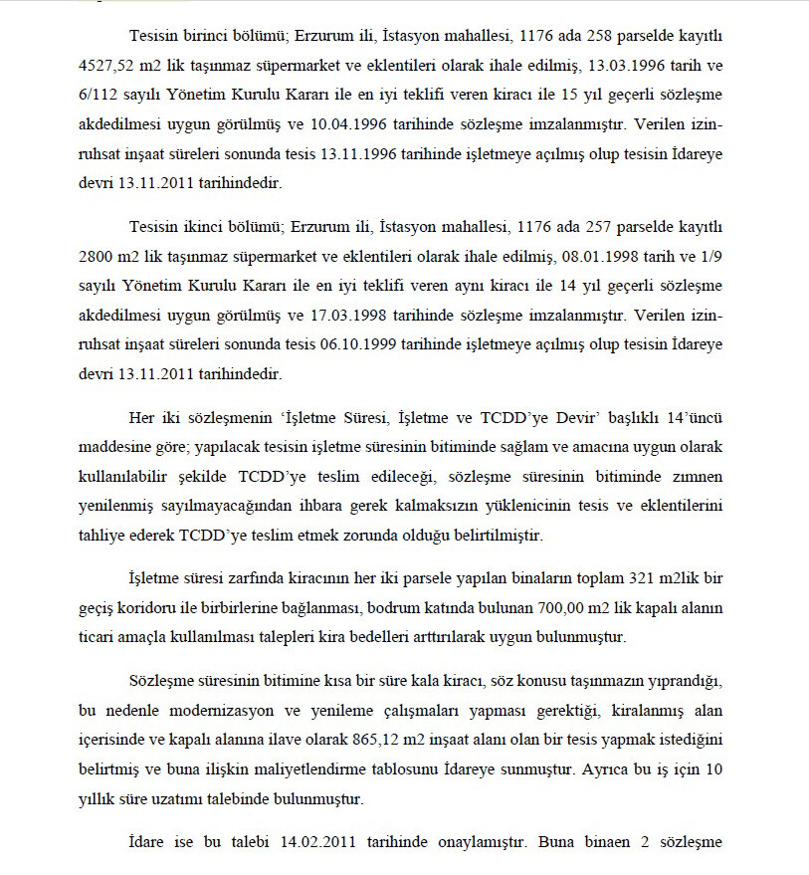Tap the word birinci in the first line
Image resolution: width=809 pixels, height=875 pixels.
[x=203, y=37]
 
